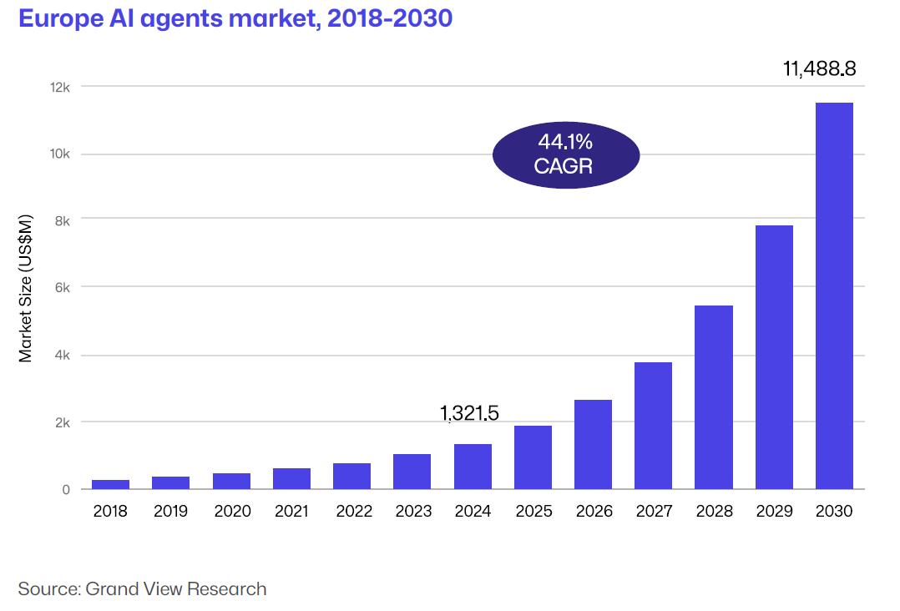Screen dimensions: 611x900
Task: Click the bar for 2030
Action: click(x=834, y=295)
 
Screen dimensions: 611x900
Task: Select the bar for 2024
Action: click(x=473, y=467)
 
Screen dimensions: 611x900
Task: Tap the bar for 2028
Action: click(x=714, y=397)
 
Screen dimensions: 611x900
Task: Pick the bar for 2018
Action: click(x=110, y=484)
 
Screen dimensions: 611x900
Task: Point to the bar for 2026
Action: click(x=593, y=444)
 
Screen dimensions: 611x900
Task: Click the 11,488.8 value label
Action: click(x=819, y=69)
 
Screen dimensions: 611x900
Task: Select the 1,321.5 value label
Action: click(x=469, y=412)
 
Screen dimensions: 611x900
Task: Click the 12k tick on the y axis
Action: click(x=60, y=87)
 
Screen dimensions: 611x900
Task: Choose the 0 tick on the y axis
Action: click(x=65, y=489)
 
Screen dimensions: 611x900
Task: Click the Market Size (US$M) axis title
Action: click(x=26, y=288)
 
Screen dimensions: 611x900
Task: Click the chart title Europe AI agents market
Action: click(x=235, y=18)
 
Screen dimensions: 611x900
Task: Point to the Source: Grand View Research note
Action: click(x=143, y=588)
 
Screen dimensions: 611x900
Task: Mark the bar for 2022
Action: click(x=351, y=476)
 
